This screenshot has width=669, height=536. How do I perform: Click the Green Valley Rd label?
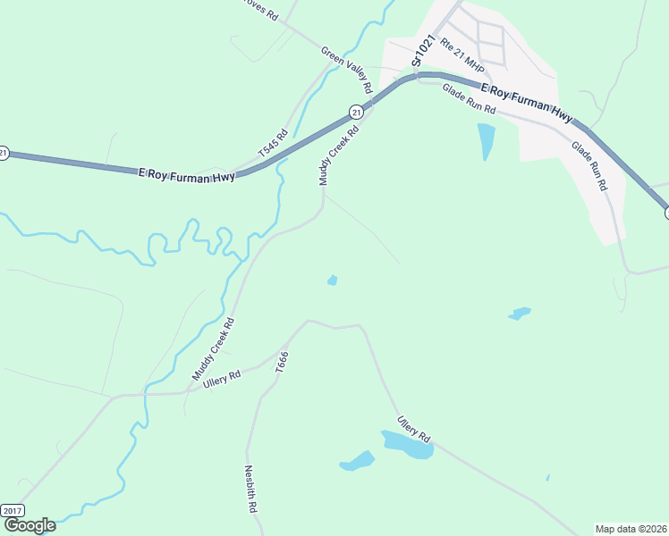click(346, 71)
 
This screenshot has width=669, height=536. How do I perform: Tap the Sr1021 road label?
click(423, 51)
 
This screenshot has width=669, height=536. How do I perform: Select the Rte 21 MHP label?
click(462, 59)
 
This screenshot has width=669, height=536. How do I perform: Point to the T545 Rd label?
click(274, 145)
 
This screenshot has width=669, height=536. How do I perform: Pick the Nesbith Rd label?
click(251, 488)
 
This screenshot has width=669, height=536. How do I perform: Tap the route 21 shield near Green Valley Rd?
click(356, 112)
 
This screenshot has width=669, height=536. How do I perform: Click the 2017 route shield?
click(12, 510)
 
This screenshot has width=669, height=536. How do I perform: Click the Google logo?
click(29, 525)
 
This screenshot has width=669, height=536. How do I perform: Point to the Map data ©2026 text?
click(631, 528)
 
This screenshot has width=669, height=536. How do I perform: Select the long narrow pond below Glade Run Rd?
click(486, 140)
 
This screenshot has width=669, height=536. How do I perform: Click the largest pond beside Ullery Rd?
click(408, 444)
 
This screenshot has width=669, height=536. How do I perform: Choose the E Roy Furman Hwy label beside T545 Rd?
click(187, 175)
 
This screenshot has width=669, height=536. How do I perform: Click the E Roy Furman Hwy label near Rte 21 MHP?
click(526, 102)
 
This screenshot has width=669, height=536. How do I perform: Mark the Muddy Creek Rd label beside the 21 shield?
click(339, 155)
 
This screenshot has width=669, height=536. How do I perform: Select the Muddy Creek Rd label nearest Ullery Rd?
click(213, 349)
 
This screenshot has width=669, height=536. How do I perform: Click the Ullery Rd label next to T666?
click(222, 379)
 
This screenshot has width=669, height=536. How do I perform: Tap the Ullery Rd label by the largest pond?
click(414, 428)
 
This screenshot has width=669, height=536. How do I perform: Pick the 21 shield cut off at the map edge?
click(4, 153)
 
